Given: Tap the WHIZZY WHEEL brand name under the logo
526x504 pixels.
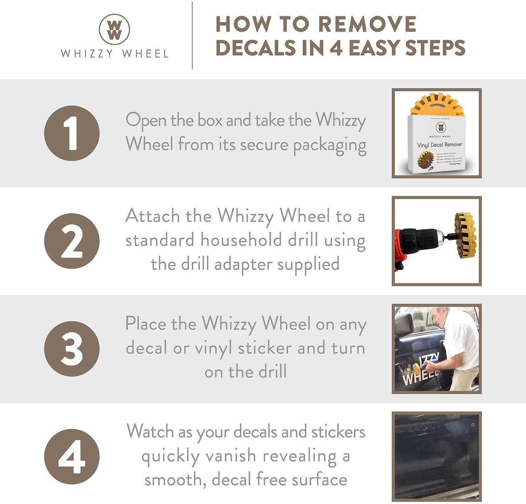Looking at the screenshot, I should tap(114, 54).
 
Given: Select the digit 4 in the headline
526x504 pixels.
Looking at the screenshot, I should tap(336, 48).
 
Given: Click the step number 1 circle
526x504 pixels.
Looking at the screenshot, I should tap(72, 133).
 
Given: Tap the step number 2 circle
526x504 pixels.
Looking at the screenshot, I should tap(72, 241).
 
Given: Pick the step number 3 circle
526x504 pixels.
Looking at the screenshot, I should tap(72, 349).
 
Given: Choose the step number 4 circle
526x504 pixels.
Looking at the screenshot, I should tap(72, 457).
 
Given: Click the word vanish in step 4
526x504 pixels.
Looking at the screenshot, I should tap(231, 456).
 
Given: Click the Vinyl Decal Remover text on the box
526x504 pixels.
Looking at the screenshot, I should tap(439, 145).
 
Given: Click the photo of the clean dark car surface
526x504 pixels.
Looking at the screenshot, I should tap(437, 456).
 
